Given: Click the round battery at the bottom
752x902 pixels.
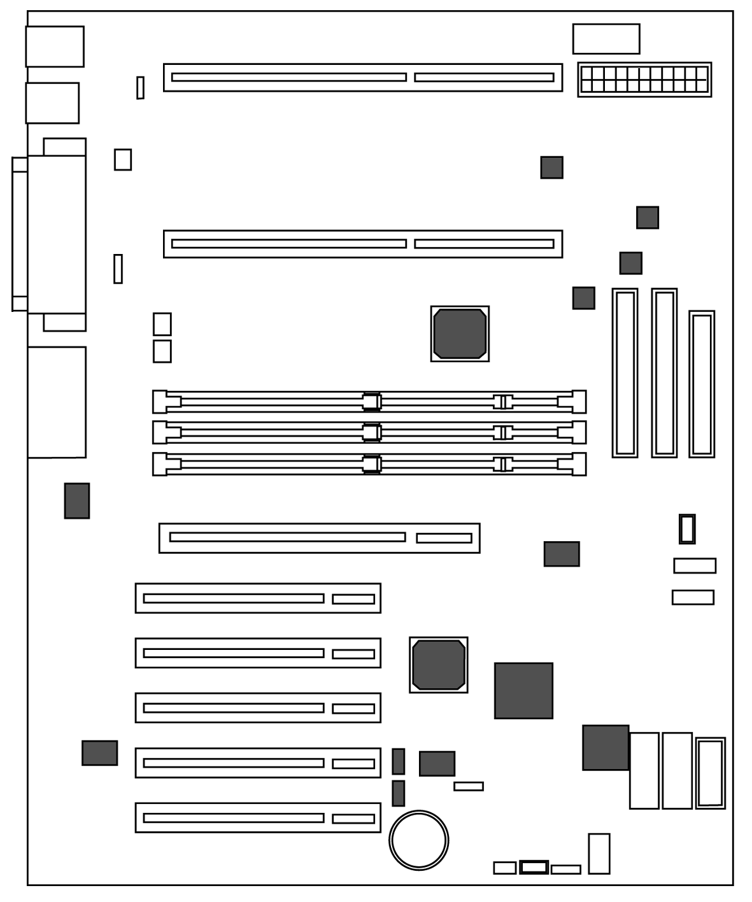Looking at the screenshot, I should click(418, 840).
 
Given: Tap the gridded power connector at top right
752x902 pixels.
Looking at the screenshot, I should click(644, 80).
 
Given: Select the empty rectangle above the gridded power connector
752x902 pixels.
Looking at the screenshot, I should click(606, 39).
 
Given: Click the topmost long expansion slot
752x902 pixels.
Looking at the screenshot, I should click(362, 77).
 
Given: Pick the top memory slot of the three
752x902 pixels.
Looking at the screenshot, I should click(369, 402).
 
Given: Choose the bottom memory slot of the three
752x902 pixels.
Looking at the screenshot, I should click(369, 464).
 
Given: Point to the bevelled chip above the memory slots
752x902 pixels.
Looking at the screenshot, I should click(460, 334).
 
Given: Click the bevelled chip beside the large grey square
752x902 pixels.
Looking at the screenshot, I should click(438, 665).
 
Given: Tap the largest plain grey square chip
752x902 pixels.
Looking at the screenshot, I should click(523, 691).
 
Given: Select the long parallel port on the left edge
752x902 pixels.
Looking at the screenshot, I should click(56, 234).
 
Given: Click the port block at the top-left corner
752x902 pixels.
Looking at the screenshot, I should click(55, 46).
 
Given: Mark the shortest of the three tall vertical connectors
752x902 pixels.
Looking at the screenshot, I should click(701, 384).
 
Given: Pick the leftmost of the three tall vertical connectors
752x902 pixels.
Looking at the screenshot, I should click(625, 373).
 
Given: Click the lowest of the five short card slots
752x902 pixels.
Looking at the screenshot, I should click(258, 817).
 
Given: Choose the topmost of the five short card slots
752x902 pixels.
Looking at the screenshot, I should click(258, 598).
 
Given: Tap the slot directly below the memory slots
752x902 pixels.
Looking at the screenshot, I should click(319, 538).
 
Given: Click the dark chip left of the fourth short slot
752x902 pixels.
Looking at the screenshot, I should click(99, 752).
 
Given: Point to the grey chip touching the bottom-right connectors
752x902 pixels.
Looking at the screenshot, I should click(605, 747).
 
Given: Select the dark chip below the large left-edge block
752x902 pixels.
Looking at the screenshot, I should click(76, 500).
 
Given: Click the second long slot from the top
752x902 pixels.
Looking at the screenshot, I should click(362, 244).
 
